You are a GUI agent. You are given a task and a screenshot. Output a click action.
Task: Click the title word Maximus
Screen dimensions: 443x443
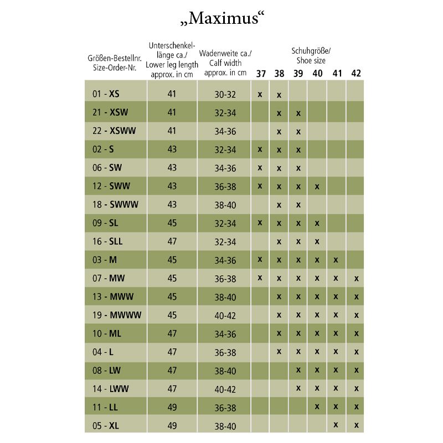tap(221, 18)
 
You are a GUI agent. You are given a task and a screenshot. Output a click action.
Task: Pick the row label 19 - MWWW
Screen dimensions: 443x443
tap(117, 315)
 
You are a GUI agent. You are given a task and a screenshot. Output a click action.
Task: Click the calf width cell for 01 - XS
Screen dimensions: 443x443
tap(225, 94)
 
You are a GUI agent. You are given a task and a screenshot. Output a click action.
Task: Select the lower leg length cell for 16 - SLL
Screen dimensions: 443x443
tap(172, 241)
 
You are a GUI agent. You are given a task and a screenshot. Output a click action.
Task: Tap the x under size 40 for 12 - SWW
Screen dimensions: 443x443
tap(317, 187)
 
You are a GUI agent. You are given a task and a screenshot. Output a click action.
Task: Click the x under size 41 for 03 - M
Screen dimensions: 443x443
tap(336, 260)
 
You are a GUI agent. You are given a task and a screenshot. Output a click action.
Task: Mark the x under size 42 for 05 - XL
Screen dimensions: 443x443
tap(356, 425)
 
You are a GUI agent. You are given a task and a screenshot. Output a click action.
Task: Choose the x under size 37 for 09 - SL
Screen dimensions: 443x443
tap(260, 223)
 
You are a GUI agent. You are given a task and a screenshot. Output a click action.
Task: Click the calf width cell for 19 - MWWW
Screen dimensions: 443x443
tap(225, 315)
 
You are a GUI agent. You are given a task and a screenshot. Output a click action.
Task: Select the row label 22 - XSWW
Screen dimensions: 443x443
tap(114, 131)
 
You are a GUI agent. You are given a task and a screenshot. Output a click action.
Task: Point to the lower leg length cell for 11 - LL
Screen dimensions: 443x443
tap(172, 408)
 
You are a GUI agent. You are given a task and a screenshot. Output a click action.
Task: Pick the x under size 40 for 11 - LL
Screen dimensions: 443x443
tap(317, 407)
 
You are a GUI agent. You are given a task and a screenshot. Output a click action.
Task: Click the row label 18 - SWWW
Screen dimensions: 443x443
tap(115, 205)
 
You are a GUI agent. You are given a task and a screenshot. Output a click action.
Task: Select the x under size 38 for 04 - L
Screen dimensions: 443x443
tap(279, 352)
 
